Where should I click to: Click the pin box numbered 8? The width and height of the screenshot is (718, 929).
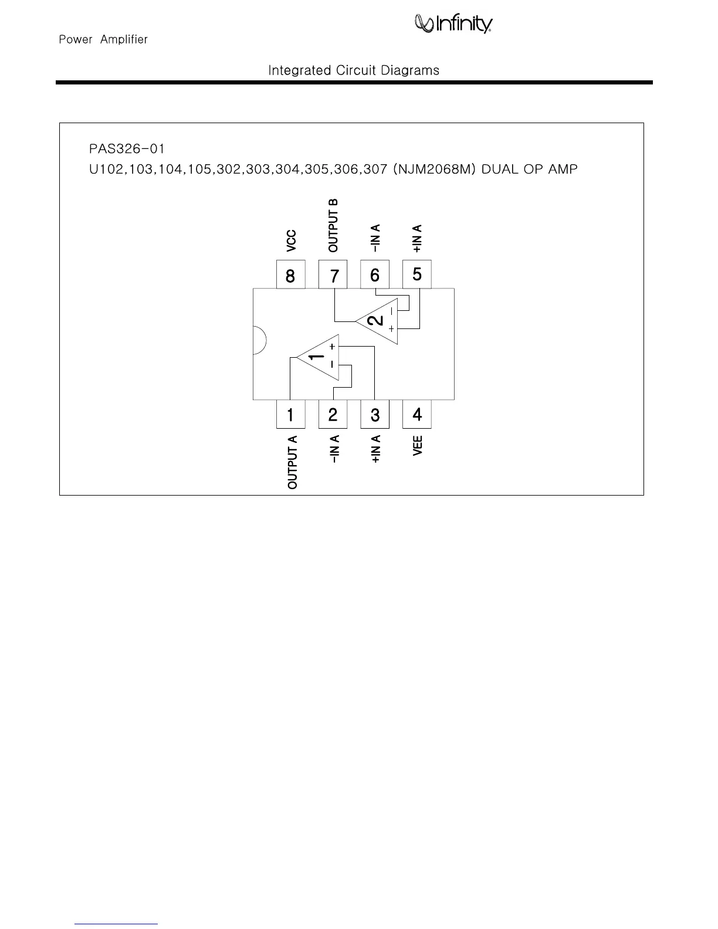tap(290, 275)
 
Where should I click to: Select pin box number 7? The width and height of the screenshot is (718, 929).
tap(333, 275)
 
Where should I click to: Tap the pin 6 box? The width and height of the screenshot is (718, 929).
tap(375, 275)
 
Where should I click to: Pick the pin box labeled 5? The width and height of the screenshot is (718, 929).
tap(417, 274)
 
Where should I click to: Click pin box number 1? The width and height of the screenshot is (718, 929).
tap(290, 415)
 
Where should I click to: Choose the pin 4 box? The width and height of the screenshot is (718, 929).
tap(417, 415)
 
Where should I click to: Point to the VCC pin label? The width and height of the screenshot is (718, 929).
tap(291, 241)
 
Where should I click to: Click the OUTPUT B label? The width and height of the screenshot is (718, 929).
tap(333, 226)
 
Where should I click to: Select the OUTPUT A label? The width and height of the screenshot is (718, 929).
tap(292, 462)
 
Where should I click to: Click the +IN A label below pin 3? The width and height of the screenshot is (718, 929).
tap(376, 449)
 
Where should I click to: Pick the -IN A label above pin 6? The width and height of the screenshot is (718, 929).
tap(376, 238)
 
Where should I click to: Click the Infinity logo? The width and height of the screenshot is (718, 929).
tap(453, 23)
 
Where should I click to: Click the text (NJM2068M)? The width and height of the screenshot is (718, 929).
tap(435, 169)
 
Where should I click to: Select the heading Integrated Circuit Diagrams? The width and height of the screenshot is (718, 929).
tap(354, 70)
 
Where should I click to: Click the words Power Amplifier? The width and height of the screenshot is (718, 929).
tap(103, 40)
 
